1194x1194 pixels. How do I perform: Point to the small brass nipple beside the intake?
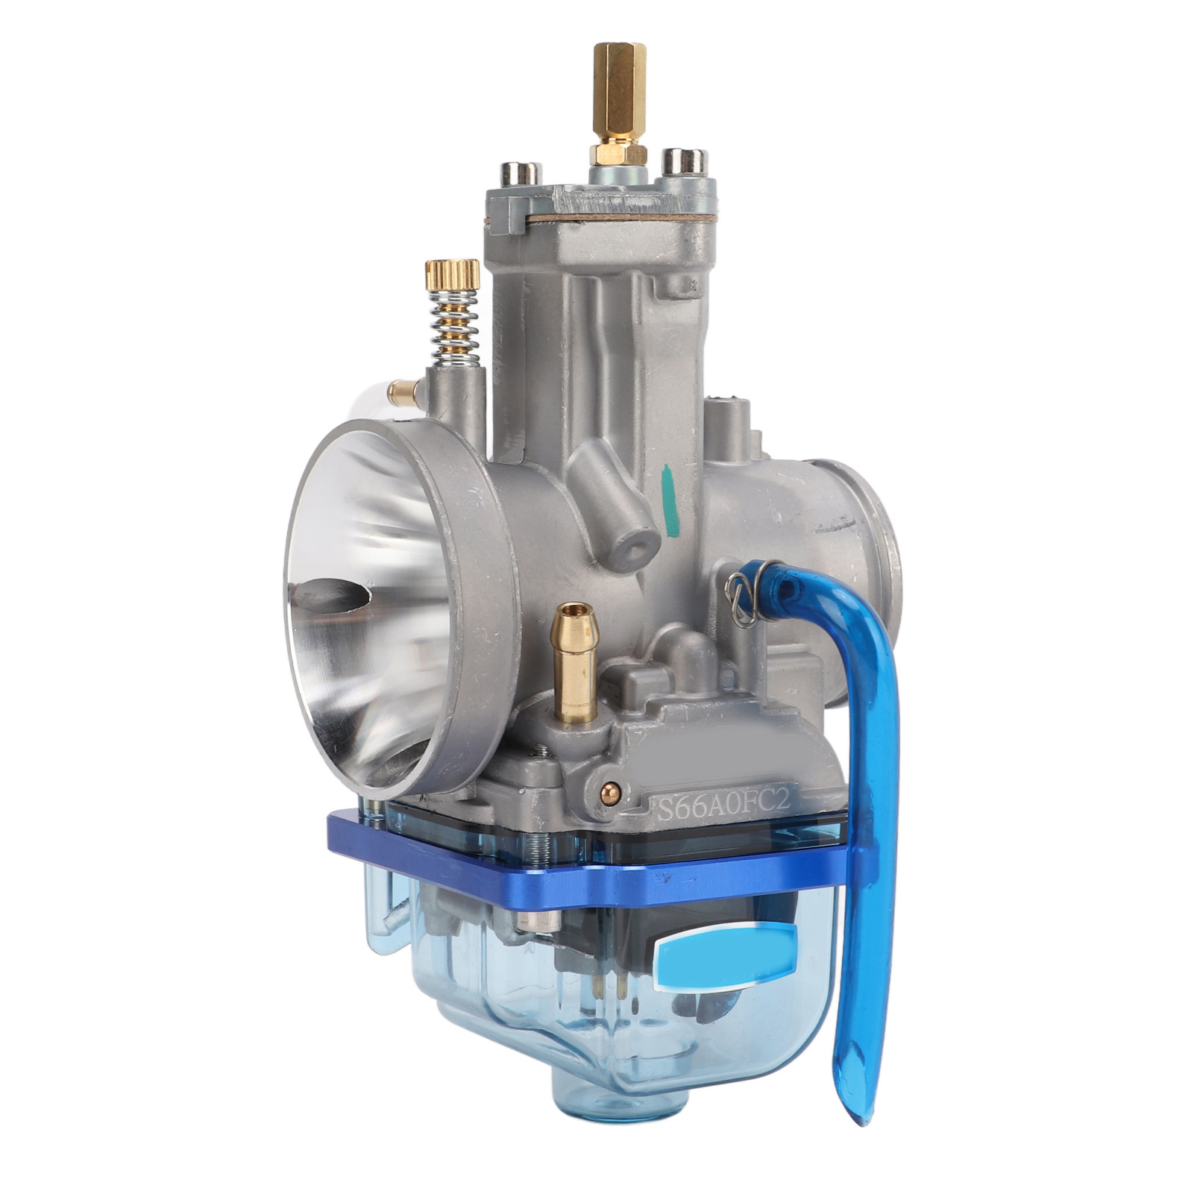tap(403, 389)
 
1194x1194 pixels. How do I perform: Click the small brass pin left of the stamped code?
tap(612, 788)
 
